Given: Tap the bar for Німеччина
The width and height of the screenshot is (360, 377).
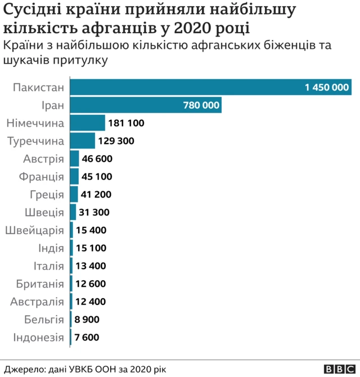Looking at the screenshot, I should pos(88,123).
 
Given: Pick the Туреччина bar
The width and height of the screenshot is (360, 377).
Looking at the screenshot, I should pos(83,141).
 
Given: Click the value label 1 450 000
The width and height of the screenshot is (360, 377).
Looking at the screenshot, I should pos(327,88).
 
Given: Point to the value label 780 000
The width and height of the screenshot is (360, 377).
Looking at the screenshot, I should pos(201,105).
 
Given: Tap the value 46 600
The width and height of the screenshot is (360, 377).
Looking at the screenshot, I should pos(97,159).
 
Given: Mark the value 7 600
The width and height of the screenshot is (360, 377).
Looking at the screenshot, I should pos(87,337).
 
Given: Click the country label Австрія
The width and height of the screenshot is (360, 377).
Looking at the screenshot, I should pos(43,159).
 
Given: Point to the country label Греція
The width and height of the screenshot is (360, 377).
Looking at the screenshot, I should pos(47,195).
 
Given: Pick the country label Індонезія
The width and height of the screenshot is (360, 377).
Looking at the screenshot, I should pos(38,337).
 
